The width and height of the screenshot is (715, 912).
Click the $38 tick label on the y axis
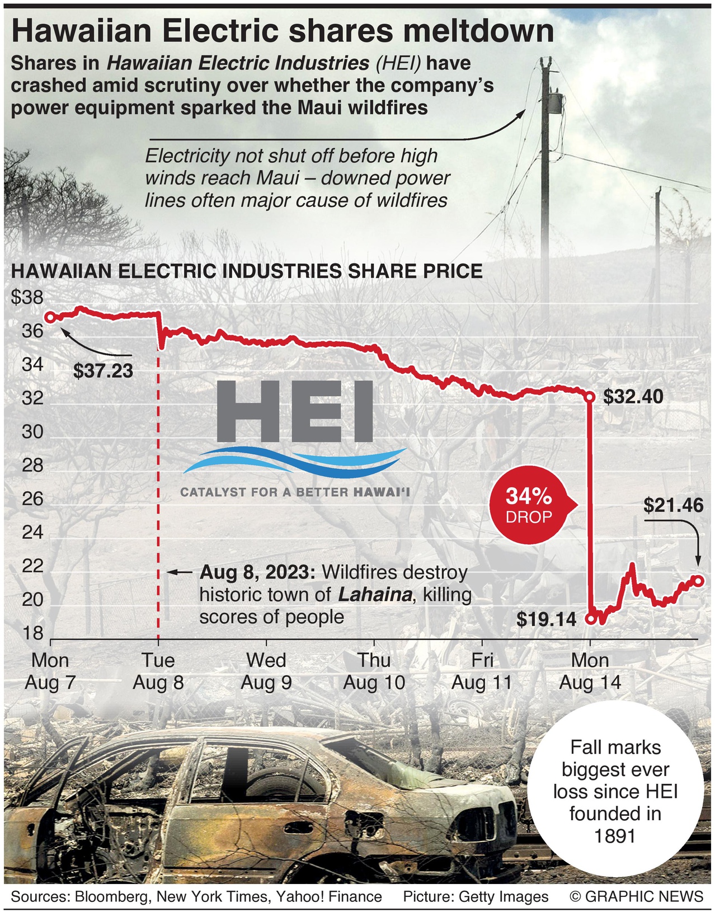[x=27, y=297]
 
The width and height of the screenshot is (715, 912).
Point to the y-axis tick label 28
[x=32, y=465]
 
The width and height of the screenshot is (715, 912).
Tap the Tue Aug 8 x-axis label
[x=158, y=671]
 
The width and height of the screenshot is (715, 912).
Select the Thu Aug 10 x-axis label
[x=374, y=671]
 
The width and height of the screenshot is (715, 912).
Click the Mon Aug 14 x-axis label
[x=590, y=671]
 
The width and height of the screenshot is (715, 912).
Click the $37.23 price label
[x=104, y=370]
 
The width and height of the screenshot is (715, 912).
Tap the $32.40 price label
[x=633, y=397]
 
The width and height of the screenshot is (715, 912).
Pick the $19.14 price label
[x=546, y=619]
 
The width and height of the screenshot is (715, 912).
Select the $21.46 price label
[x=673, y=506]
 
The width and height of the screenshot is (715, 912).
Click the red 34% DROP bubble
[x=529, y=506]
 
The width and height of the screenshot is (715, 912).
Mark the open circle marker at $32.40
[x=589, y=397]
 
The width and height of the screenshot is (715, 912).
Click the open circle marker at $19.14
[x=590, y=619]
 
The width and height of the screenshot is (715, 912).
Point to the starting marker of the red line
[x=50, y=317]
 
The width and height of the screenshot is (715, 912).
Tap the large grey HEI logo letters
[x=295, y=411]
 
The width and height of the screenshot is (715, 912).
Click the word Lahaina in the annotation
[x=375, y=595]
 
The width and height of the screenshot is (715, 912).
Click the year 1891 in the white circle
[x=615, y=836]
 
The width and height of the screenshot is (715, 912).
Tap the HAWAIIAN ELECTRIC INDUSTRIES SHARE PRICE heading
[x=247, y=271]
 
